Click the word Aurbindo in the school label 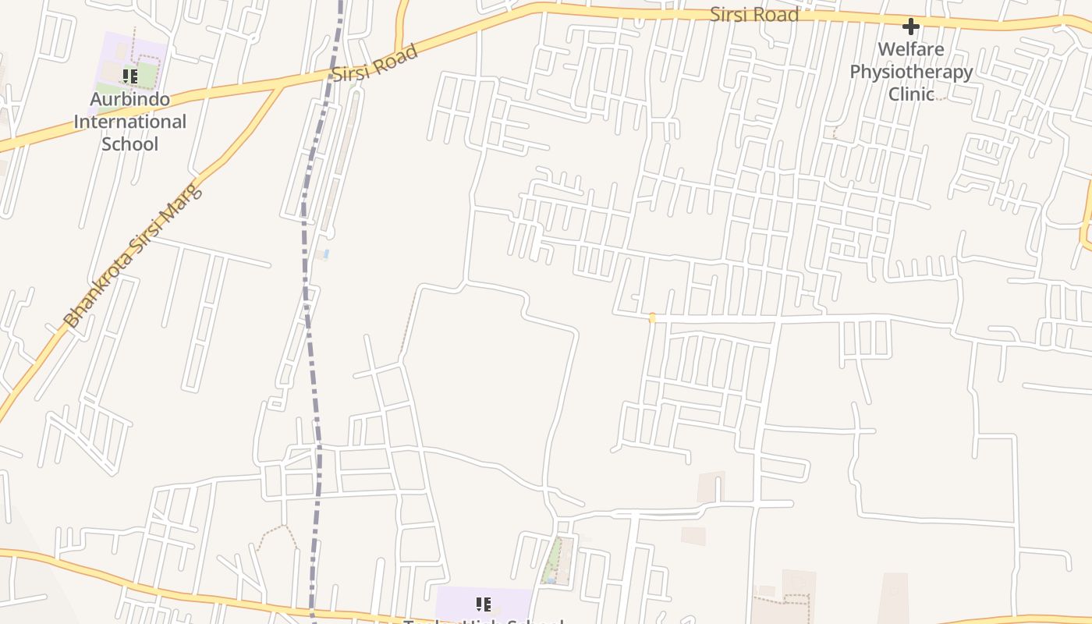click(130, 100)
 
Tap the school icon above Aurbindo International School click(130, 76)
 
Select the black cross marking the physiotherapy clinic click(910, 27)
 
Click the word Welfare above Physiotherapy click(910, 50)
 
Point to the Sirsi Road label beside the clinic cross click(753, 15)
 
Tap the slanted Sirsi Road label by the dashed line click(374, 63)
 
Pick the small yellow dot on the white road click(652, 318)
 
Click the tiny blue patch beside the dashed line click(326, 254)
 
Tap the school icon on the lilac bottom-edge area click(483, 604)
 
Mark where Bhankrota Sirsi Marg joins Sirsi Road click(280, 86)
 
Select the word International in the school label click(130, 122)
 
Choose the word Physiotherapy click(910, 72)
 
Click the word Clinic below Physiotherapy click(911, 94)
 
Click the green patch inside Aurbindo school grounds click(148, 75)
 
